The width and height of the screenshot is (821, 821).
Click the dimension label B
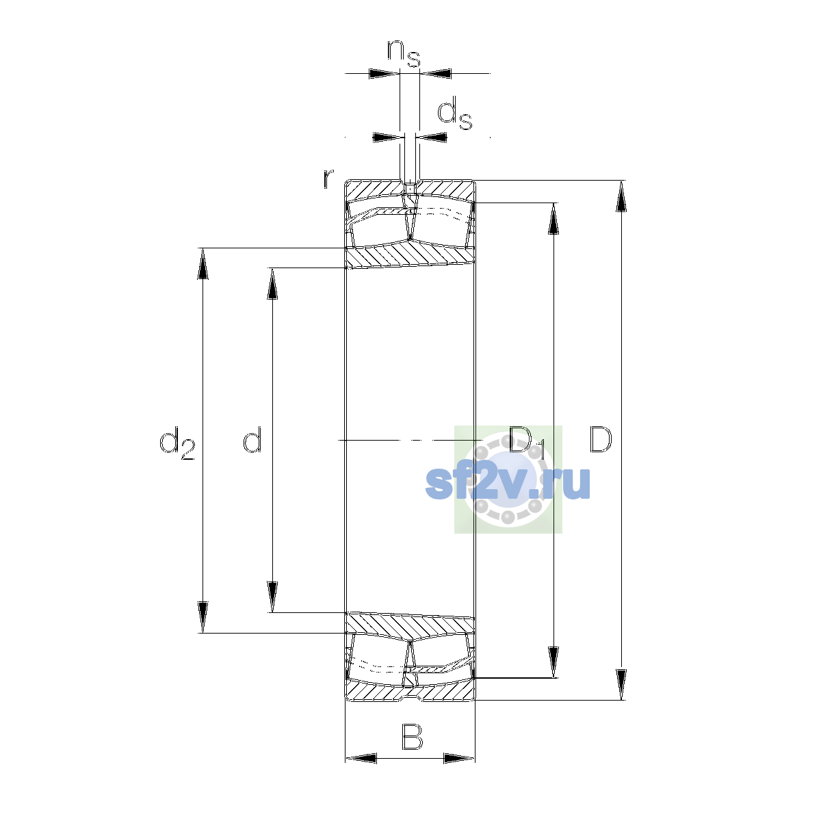412,737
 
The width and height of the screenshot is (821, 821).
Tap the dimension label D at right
600,439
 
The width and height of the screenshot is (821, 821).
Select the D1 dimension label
527,442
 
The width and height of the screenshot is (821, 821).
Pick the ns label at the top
404,53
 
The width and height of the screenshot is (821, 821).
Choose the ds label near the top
455,113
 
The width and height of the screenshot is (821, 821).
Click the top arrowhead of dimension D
621,196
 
